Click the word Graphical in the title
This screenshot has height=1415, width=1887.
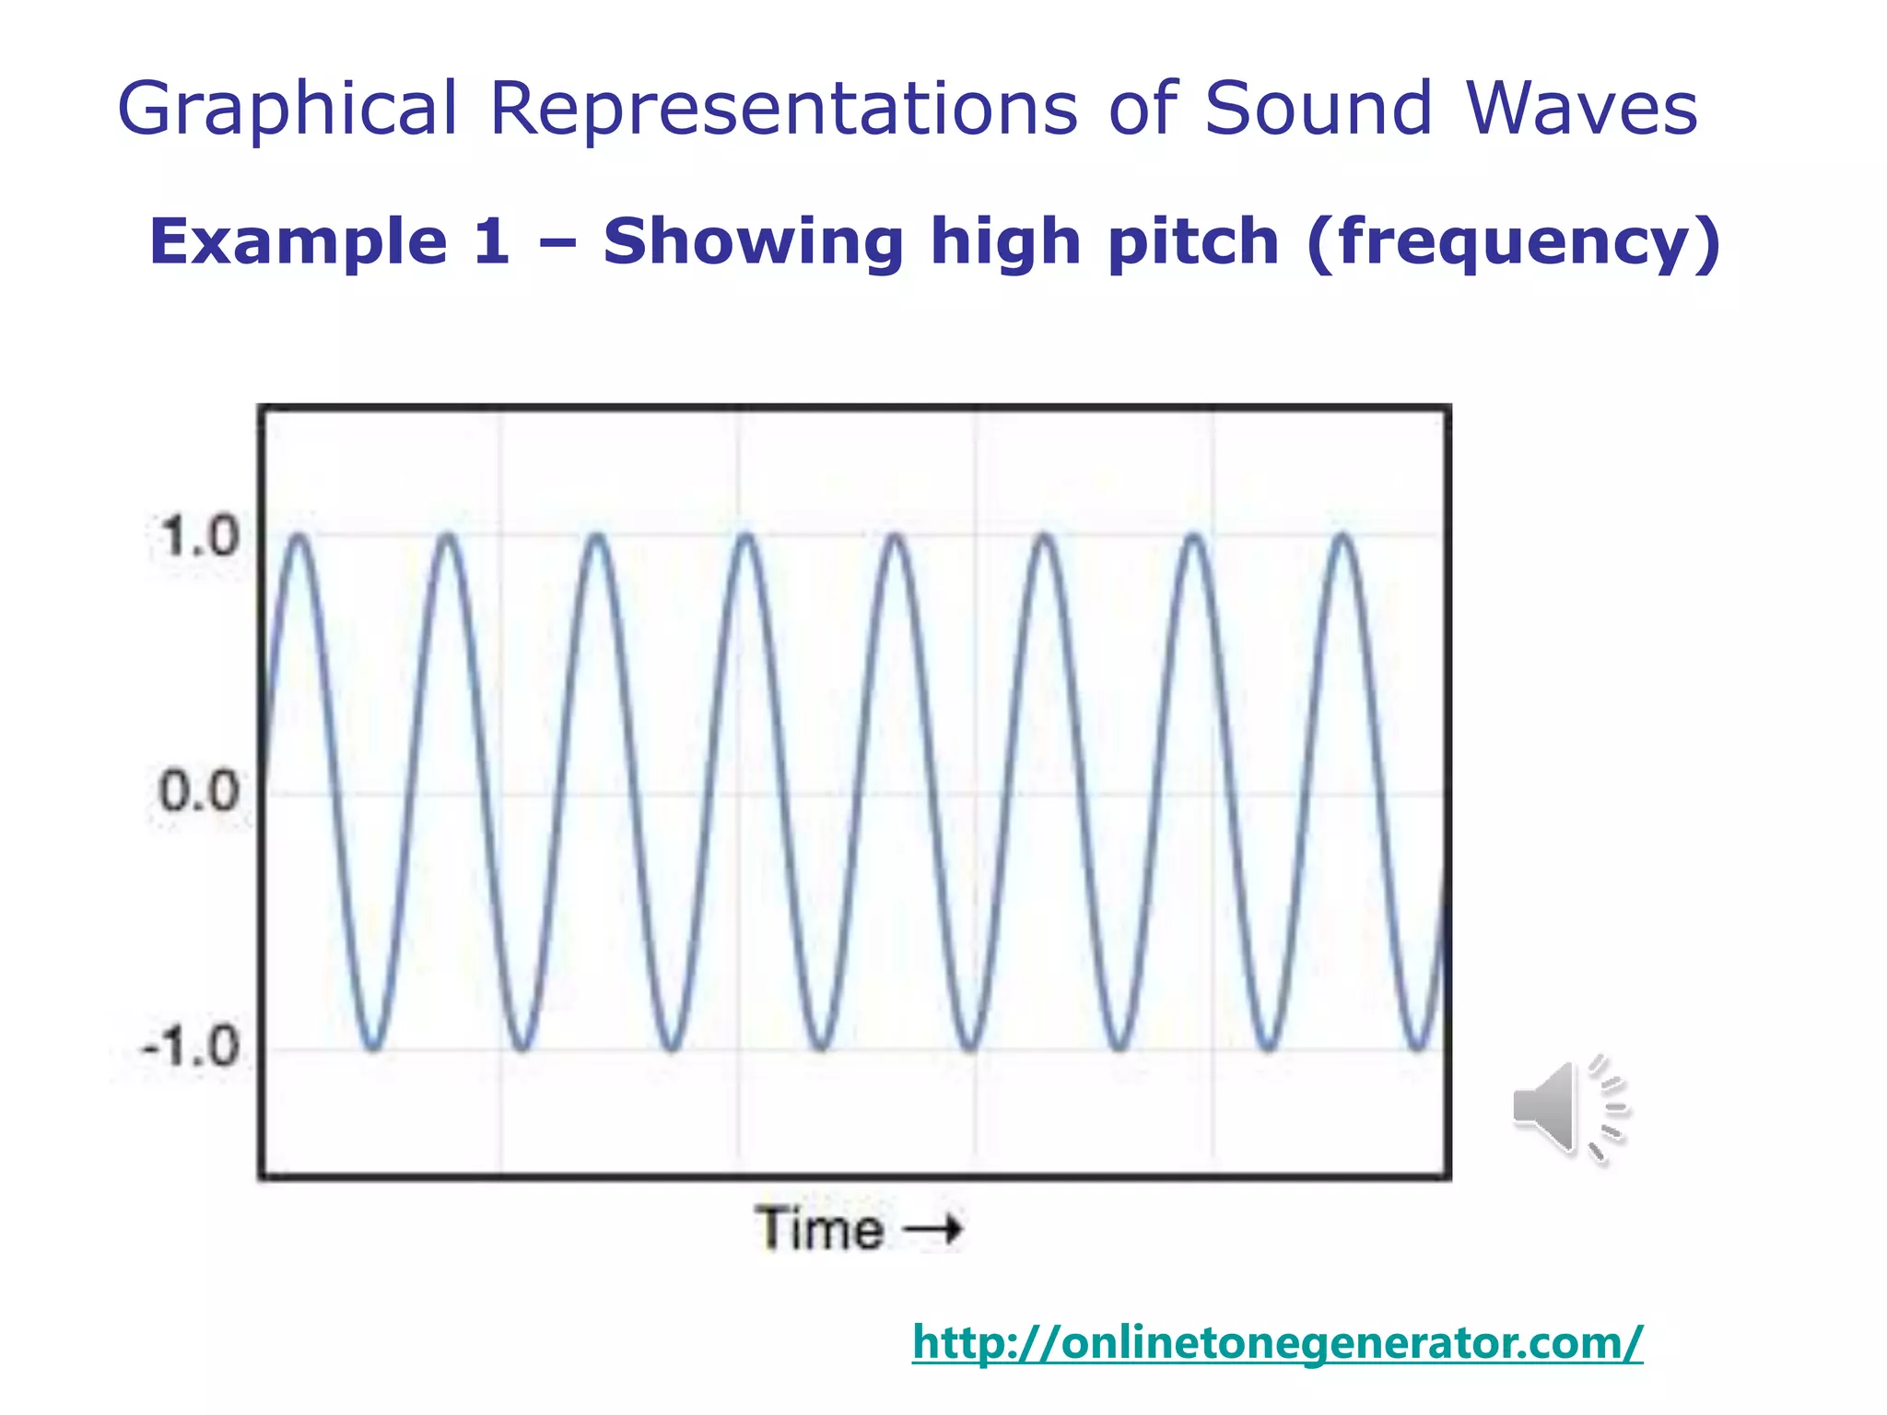(287, 109)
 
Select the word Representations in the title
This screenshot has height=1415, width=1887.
(782, 109)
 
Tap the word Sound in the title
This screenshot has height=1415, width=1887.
(1318, 109)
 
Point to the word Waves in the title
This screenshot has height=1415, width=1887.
(1581, 109)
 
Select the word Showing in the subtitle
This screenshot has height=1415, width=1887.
(753, 241)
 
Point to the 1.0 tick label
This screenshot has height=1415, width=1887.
(198, 536)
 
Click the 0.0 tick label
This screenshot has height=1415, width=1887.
(198, 791)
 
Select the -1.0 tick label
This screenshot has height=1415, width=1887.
(191, 1047)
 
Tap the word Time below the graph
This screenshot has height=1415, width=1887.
(819, 1229)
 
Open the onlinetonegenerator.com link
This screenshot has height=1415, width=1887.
(1277, 1342)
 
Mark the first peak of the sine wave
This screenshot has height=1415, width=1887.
(299, 537)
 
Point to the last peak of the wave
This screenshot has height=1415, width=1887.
(1343, 537)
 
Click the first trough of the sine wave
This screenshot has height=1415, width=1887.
(373, 1047)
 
